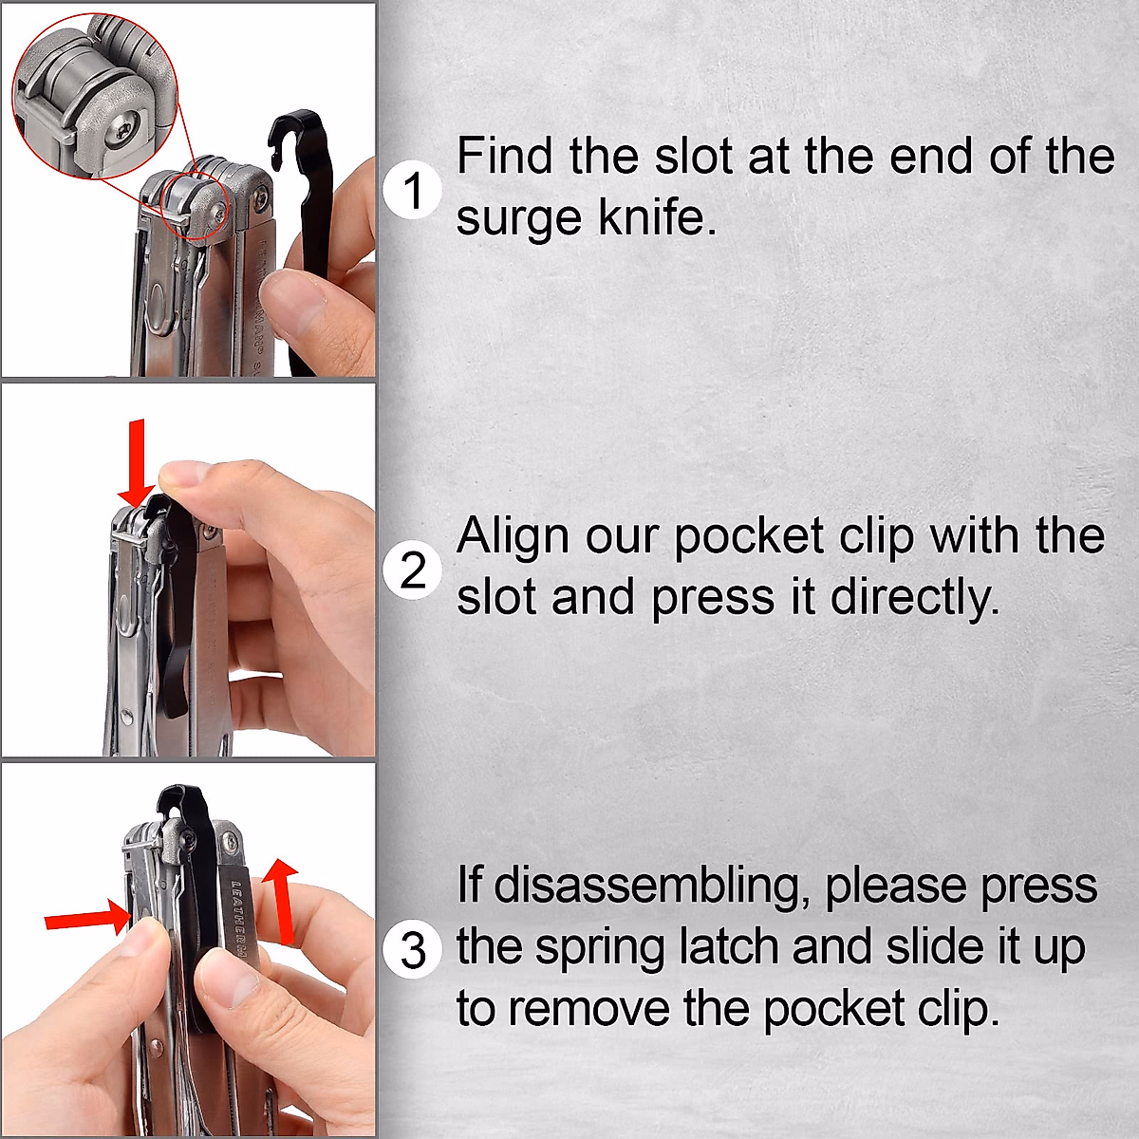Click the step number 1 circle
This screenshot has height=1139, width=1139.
pyautogui.click(x=413, y=190)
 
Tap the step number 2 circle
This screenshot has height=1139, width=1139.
pyautogui.click(x=413, y=570)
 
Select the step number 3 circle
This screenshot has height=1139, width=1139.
pyautogui.click(x=413, y=950)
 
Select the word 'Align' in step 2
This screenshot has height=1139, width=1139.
pyautogui.click(x=513, y=536)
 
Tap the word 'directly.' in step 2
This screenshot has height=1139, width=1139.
pyautogui.click(x=915, y=598)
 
